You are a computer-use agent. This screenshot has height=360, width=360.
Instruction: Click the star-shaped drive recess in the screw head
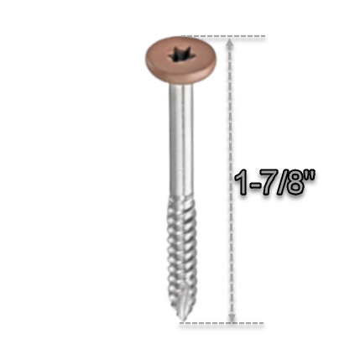[180, 56]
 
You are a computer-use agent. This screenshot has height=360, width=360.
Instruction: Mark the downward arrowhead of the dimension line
[231, 316]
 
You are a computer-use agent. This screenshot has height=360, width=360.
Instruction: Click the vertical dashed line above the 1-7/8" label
[231, 109]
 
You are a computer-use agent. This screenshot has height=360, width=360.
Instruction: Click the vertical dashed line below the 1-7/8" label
[231, 252]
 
